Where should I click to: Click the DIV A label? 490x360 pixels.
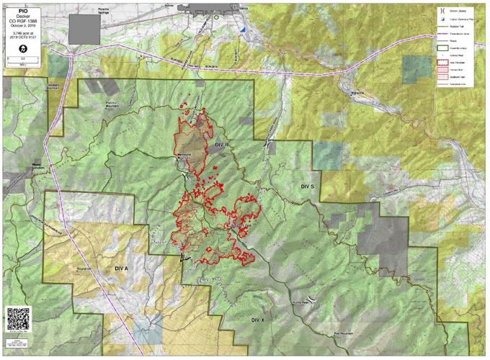pos(121,268)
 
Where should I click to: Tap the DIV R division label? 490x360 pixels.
pos(220,145)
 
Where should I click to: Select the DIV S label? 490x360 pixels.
pos(308,186)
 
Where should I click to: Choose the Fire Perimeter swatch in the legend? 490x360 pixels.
pos(445,64)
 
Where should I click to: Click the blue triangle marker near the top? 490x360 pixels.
pos(244,30)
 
